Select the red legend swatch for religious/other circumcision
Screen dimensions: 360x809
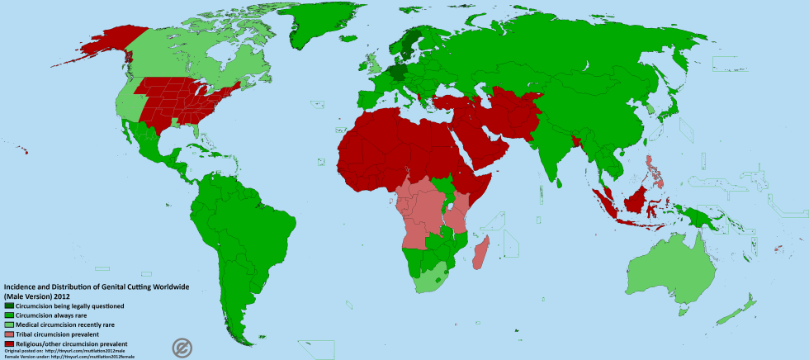[x=9, y=343]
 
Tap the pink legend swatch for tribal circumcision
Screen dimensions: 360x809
[x=9, y=334]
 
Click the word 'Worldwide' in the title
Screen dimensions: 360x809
[x=166, y=287]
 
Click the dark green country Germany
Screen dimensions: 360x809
[x=400, y=73]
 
